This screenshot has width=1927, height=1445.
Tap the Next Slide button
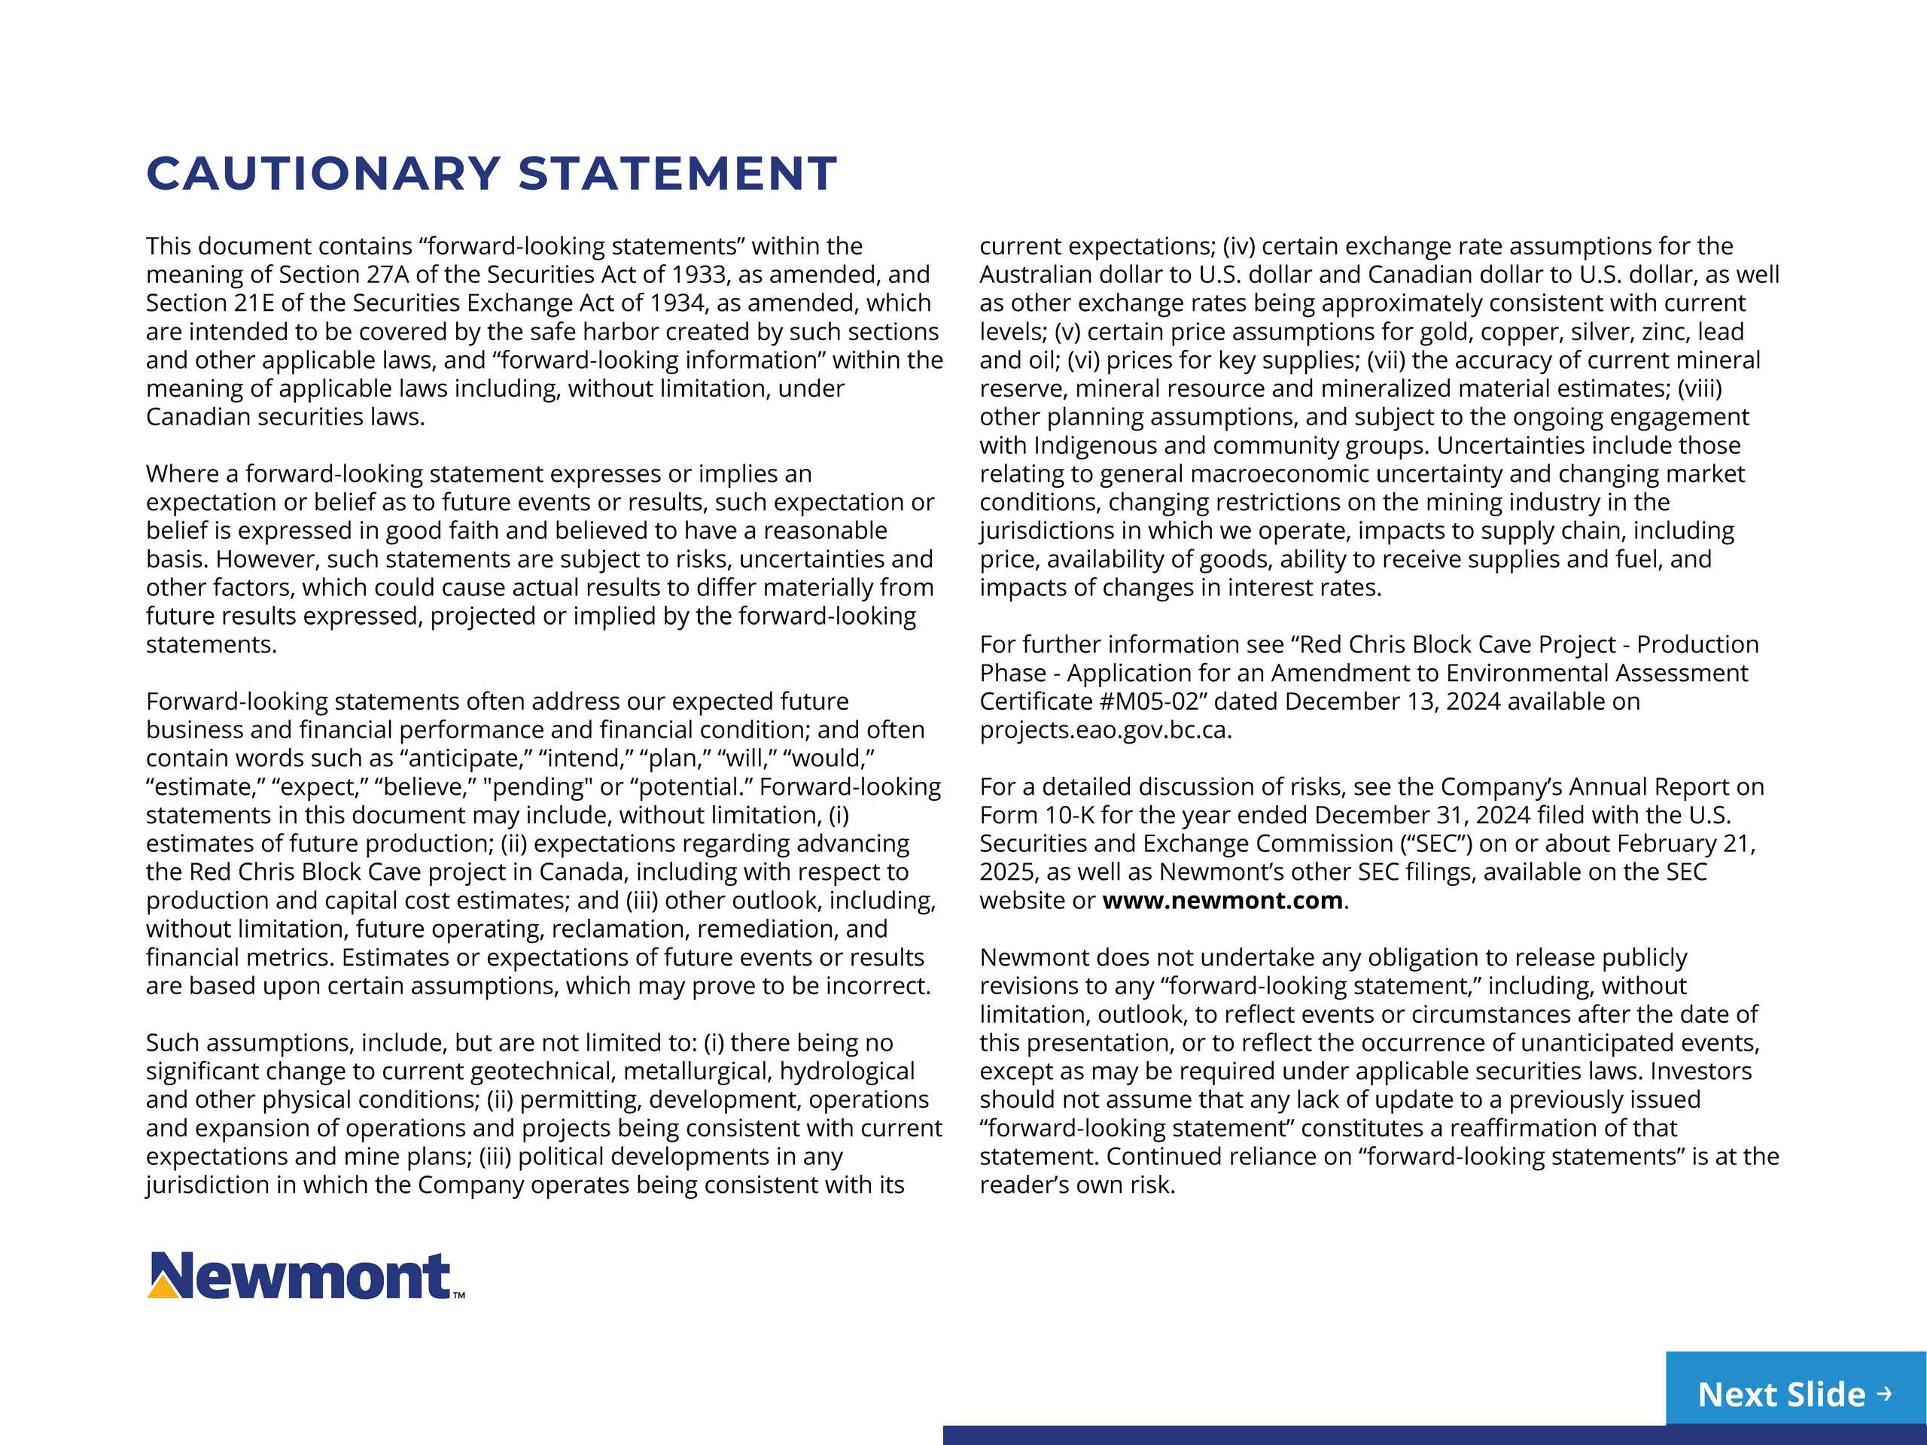tap(1795, 1394)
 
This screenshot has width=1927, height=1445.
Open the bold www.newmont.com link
tap(1222, 901)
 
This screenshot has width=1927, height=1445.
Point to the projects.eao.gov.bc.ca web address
tap(1104, 730)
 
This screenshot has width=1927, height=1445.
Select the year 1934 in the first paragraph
tap(676, 303)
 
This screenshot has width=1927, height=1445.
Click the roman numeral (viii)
tap(1700, 388)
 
